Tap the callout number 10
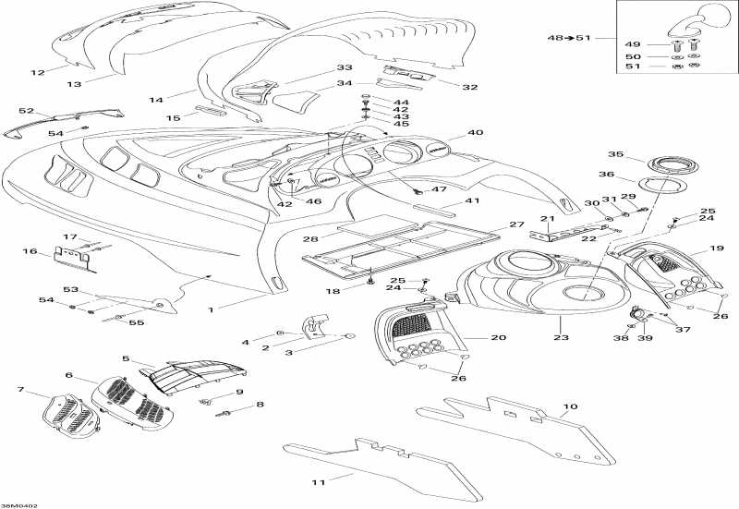tap(570, 406)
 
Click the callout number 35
tap(615, 154)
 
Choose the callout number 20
tap(499, 338)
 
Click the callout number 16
tap(30, 250)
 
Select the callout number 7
tap(21, 390)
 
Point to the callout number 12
tap(38, 72)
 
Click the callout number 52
tap(26, 111)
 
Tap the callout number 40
tap(476, 132)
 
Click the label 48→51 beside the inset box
tap(568, 39)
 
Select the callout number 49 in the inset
tap(633, 43)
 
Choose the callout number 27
tap(517, 224)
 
